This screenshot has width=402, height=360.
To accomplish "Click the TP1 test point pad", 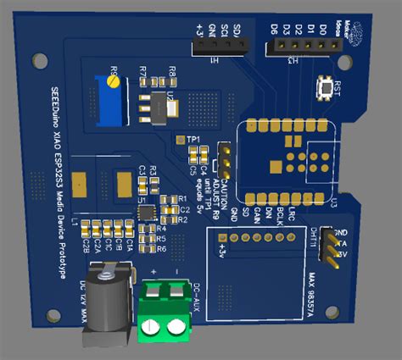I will tap(179, 139).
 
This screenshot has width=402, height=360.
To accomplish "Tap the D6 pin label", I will tap(275, 30).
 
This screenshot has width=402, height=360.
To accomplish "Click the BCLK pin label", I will tap(280, 213).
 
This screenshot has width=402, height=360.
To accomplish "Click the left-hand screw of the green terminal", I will tap(152, 326).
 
